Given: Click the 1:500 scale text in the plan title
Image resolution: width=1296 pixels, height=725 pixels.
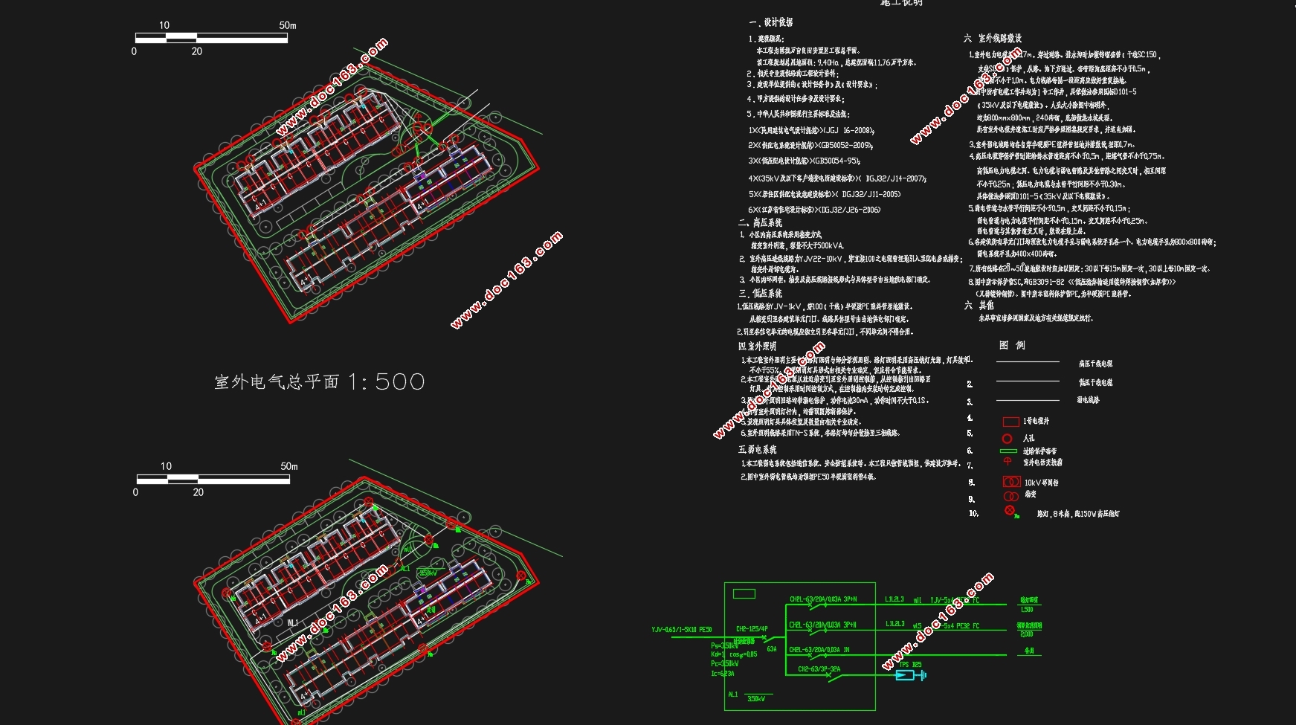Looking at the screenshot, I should pos(386,381).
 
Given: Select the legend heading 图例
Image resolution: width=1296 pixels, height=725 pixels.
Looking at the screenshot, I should pos(1012,345).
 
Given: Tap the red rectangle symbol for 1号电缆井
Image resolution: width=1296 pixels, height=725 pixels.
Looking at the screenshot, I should pos(1010,422).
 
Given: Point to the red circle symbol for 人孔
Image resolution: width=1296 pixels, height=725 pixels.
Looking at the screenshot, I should pos(1008,439).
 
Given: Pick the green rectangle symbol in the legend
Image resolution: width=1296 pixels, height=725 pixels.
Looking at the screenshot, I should pos(1008,451).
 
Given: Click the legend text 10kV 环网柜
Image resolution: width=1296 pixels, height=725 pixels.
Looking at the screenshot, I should pos(1041,483).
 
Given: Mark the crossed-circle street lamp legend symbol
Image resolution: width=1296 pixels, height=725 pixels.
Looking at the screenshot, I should pos(1010,510).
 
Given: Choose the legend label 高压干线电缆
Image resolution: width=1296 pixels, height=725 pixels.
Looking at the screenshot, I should pos(1095,364).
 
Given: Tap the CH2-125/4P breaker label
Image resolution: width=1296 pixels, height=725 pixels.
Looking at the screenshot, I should pos(752,629).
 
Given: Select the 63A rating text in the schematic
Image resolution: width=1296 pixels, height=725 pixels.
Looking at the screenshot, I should pos(772,649).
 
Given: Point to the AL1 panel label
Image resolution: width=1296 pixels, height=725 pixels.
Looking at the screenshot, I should pos(733,695).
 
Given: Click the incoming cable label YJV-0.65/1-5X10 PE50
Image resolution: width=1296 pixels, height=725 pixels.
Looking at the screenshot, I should pos(681,630).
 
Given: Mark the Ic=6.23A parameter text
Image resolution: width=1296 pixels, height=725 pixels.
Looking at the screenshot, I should pos(722,674).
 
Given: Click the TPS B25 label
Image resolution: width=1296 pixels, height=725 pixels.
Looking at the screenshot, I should pos(910,665).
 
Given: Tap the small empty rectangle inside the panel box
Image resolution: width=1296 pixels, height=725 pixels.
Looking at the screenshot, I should pos(744,593).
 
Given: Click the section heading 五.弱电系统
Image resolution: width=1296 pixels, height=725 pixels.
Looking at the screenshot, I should pos(757,449).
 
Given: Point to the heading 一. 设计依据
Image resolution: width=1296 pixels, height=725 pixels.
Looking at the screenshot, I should pos(771,22).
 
